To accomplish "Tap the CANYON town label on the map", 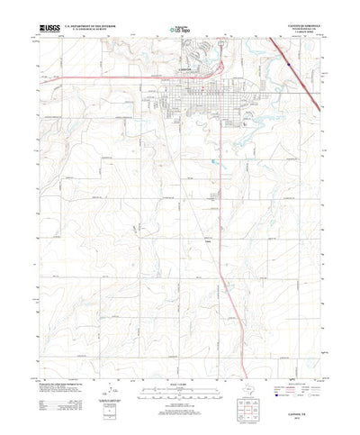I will click(x=179, y=74).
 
